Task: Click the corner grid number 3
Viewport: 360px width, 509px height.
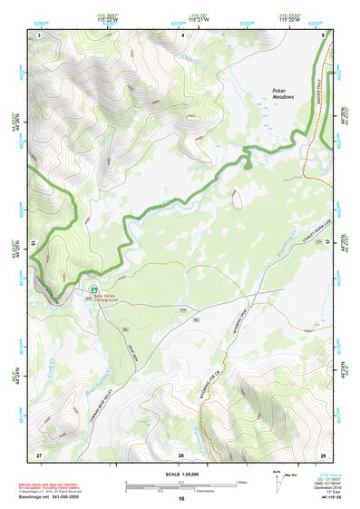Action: [39, 34]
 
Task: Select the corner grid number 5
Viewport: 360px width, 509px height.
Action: [323, 34]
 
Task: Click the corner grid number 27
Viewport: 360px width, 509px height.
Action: [39, 453]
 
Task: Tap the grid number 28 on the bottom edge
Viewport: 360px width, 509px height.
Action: [180, 453]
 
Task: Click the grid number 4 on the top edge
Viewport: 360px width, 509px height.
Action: [182, 34]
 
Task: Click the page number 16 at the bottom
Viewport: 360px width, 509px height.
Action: [180, 499]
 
